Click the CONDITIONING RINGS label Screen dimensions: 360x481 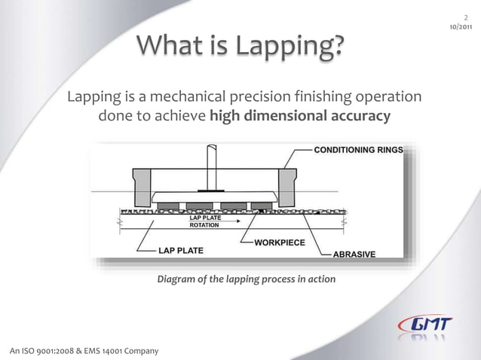pos(358,150)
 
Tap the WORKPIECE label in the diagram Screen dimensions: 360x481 pos(280,243)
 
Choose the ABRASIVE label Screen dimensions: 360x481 pos(354,255)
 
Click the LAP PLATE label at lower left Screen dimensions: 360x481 pos(180,249)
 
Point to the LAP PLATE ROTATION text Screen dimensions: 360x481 pos(205,221)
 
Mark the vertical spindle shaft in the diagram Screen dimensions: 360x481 pos(212,165)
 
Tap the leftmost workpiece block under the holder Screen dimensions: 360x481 pos(168,206)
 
